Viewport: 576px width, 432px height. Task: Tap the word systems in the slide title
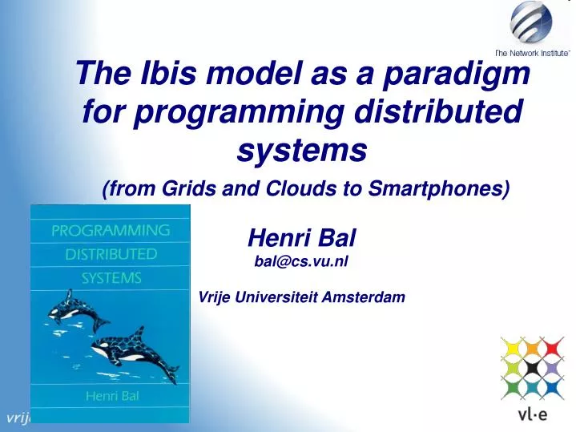(302, 148)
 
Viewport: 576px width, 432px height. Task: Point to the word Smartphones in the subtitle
(446, 188)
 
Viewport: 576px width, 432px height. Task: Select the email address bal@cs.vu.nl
(301, 260)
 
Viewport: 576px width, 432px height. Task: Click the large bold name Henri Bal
(301, 237)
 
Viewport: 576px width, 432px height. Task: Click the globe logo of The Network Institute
(531, 22)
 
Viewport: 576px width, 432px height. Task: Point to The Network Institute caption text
(532, 52)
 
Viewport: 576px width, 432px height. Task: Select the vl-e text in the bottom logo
(530, 415)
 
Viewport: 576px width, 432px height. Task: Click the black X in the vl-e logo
(530, 368)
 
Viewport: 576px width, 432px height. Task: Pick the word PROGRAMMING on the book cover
(111, 231)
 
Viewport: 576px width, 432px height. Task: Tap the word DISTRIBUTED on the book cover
(111, 255)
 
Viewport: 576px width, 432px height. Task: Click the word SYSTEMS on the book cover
(111, 279)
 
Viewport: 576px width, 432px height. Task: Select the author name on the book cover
(111, 396)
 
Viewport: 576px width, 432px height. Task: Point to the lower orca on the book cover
(132, 351)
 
